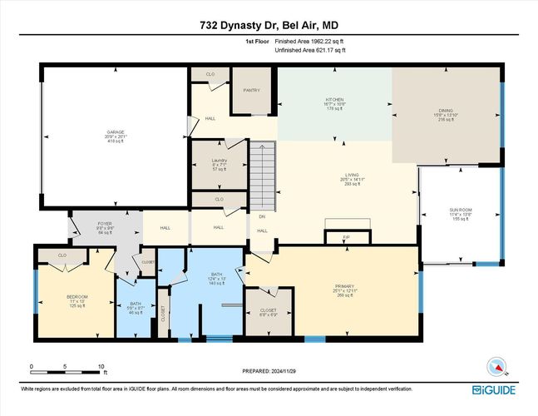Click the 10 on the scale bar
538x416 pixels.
point(101,365)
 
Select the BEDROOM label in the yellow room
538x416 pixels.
point(77,297)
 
